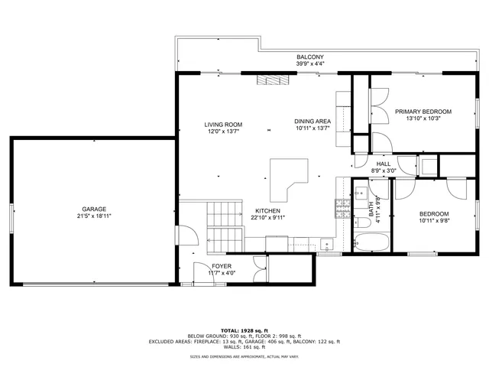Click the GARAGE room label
tap(95, 209)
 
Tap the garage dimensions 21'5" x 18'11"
tap(95, 217)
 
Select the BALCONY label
tap(310, 57)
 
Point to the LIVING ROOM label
tap(223, 124)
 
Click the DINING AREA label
tap(313, 121)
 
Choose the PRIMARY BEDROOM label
tap(423, 112)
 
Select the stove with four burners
tap(342, 205)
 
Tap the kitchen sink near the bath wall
tap(327, 245)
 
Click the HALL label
tap(384, 164)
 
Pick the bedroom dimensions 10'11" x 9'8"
tap(433, 222)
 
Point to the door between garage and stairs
tap(181, 235)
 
